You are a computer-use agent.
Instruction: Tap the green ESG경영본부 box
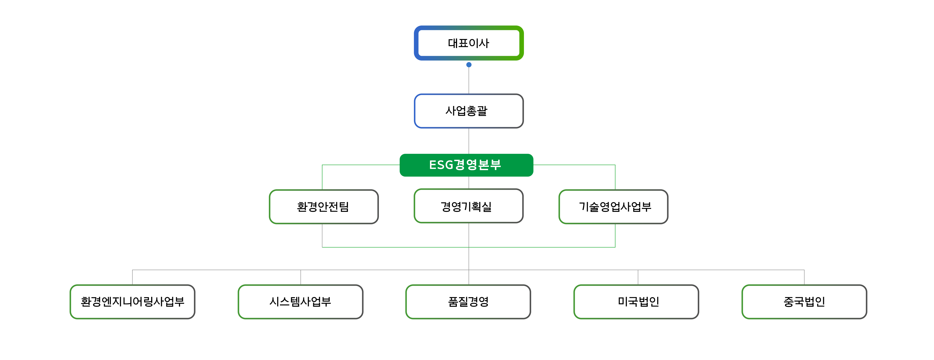click(x=466, y=165)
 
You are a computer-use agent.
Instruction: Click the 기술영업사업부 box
click(x=613, y=207)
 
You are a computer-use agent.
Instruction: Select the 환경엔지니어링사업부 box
click(x=132, y=302)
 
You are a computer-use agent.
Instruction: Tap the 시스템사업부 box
click(x=300, y=302)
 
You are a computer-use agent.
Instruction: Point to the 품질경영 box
click(x=468, y=302)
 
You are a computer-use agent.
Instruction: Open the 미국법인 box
click(x=636, y=302)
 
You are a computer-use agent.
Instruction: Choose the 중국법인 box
click(x=804, y=302)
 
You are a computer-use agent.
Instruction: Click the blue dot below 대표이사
click(x=469, y=65)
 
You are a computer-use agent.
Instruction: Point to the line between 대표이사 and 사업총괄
click(x=469, y=80)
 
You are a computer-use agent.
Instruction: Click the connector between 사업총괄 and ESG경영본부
click(x=469, y=141)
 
